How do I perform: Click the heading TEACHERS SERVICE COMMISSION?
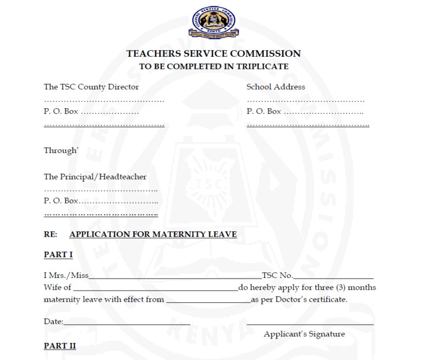213,54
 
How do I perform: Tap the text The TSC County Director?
91,87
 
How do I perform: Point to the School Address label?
275,87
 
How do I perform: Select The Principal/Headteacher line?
95,177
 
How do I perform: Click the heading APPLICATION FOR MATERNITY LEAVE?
153,234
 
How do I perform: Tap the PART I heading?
58,254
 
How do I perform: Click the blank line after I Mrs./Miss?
175,276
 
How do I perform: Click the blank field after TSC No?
333,276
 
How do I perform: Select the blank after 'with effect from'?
208,301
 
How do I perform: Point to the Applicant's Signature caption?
304,334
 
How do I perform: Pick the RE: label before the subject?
50,234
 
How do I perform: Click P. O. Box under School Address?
264,112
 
